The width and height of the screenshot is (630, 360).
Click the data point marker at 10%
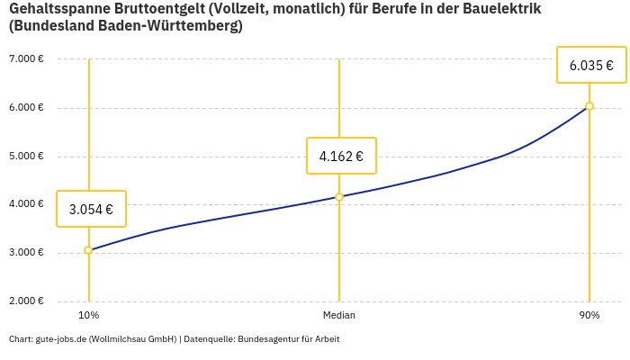(x=88, y=250)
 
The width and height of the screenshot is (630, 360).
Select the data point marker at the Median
(x=339, y=197)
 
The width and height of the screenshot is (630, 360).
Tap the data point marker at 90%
(x=589, y=106)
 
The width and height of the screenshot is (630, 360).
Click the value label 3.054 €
(x=91, y=209)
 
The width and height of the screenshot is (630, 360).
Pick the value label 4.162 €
(x=341, y=156)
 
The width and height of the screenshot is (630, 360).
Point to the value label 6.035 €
(x=591, y=65)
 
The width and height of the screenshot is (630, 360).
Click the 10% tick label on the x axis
(x=88, y=315)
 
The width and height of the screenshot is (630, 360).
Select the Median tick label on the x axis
(x=339, y=315)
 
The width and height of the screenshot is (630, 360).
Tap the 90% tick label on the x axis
(x=589, y=315)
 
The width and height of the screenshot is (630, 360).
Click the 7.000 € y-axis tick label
(x=26, y=59)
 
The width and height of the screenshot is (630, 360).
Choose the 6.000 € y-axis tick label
(x=26, y=108)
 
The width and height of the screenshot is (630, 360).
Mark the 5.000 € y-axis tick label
(x=26, y=156)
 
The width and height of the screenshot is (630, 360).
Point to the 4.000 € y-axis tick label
(x=26, y=204)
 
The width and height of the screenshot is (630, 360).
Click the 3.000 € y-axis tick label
(x=26, y=252)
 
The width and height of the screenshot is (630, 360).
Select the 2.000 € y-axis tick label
(x=26, y=301)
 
